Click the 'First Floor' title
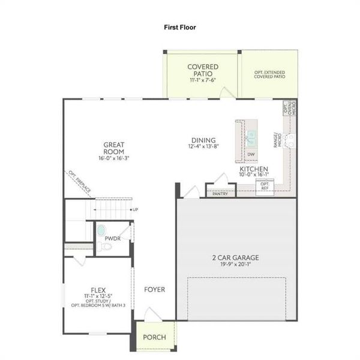(x=180, y=27)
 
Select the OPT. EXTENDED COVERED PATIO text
(x=269, y=74)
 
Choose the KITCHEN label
(x=254, y=170)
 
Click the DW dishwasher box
(x=251, y=155)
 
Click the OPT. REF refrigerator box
(x=265, y=187)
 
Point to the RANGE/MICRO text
(x=278, y=140)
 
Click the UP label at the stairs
(x=135, y=209)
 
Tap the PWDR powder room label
(x=113, y=238)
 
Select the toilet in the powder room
(x=101, y=231)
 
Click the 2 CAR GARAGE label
(x=235, y=258)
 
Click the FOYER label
(x=154, y=290)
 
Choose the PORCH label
(x=154, y=337)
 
